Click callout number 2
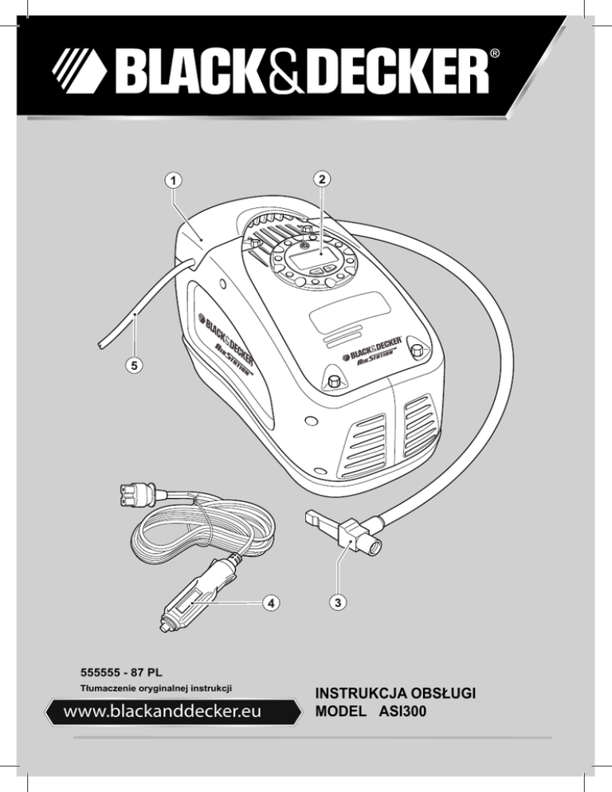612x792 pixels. coord(320,179)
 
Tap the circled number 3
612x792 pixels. coord(339,604)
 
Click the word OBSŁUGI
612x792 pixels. coord(445,692)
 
